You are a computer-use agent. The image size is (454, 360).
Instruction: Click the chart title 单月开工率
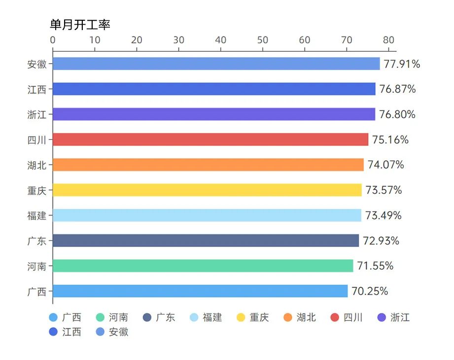pyautogui.click(x=80, y=25)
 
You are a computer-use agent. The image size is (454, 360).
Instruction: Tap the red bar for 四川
pyautogui.click(x=210, y=140)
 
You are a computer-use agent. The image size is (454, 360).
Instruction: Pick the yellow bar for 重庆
pyautogui.click(x=207, y=190)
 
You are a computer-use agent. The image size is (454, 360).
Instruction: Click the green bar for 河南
pyautogui.click(x=203, y=266)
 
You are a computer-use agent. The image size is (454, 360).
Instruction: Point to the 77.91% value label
pyautogui.click(x=402, y=64)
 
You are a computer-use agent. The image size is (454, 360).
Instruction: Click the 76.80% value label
pyautogui.click(x=397, y=114)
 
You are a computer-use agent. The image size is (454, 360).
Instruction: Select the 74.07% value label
pyautogui.click(x=385, y=165)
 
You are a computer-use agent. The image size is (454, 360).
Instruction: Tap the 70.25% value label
pyautogui.click(x=370, y=291)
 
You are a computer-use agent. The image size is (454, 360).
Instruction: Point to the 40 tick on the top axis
pyautogui.click(x=221, y=40)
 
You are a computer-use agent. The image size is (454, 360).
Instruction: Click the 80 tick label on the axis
pyautogui.click(x=389, y=40)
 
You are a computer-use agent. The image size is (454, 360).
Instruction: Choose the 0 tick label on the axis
pyautogui.click(x=53, y=40)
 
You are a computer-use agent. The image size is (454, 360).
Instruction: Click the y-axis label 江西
pyautogui.click(x=37, y=89)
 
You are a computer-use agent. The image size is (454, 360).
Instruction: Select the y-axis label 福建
pyautogui.click(x=37, y=216)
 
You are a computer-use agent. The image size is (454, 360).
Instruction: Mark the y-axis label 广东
pyautogui.click(x=37, y=241)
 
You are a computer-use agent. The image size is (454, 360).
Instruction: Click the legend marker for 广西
pyautogui.click(x=53, y=318)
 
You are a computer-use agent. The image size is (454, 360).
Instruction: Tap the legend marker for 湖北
pyautogui.click(x=288, y=318)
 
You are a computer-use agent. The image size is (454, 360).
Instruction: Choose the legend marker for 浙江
pyautogui.click(x=382, y=318)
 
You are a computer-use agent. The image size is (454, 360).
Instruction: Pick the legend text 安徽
pyautogui.click(x=118, y=332)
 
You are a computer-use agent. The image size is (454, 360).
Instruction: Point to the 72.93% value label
pyautogui.click(x=381, y=241)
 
